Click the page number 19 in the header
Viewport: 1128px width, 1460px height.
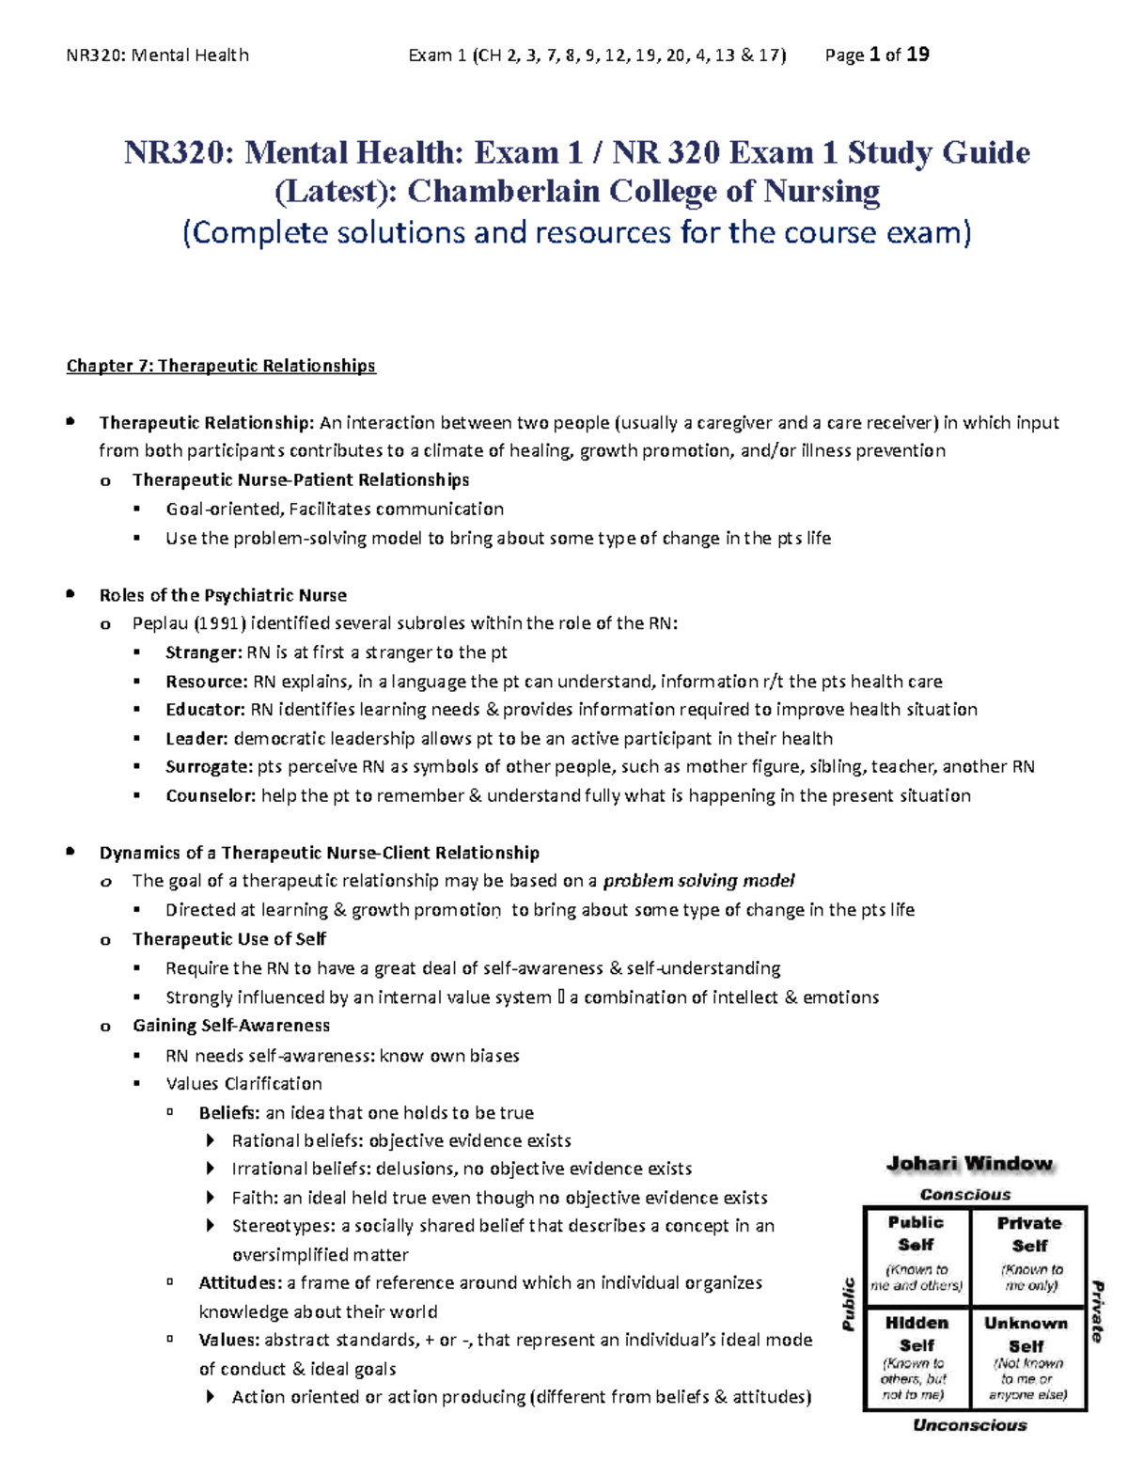pos(918,55)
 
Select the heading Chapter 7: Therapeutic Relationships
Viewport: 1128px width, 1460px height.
pos(221,366)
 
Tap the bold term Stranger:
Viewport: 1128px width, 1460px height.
pos(203,652)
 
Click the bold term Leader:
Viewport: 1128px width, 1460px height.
pos(196,739)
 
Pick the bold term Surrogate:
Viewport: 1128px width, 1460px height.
pos(209,767)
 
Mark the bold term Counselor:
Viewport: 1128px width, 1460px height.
pos(211,796)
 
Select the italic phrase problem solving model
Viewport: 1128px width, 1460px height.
pos(698,881)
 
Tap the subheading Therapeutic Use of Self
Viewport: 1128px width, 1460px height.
pos(229,939)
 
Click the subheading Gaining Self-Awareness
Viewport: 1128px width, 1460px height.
pos(231,1026)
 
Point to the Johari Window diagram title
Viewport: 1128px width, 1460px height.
pos(969,1164)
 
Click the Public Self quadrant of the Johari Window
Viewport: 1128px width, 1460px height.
pos(916,1254)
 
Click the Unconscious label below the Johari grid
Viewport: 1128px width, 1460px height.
pos(970,1425)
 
